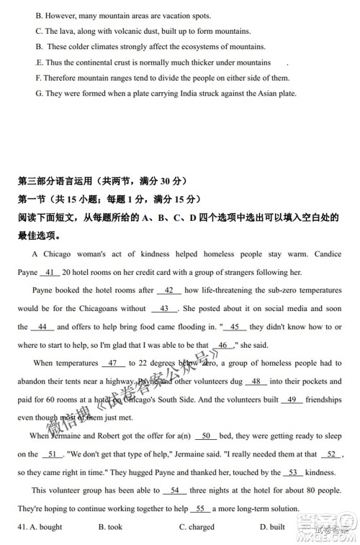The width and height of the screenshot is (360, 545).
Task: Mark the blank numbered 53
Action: [x=292, y=472]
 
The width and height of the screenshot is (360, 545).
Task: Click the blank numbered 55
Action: [x=201, y=508]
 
